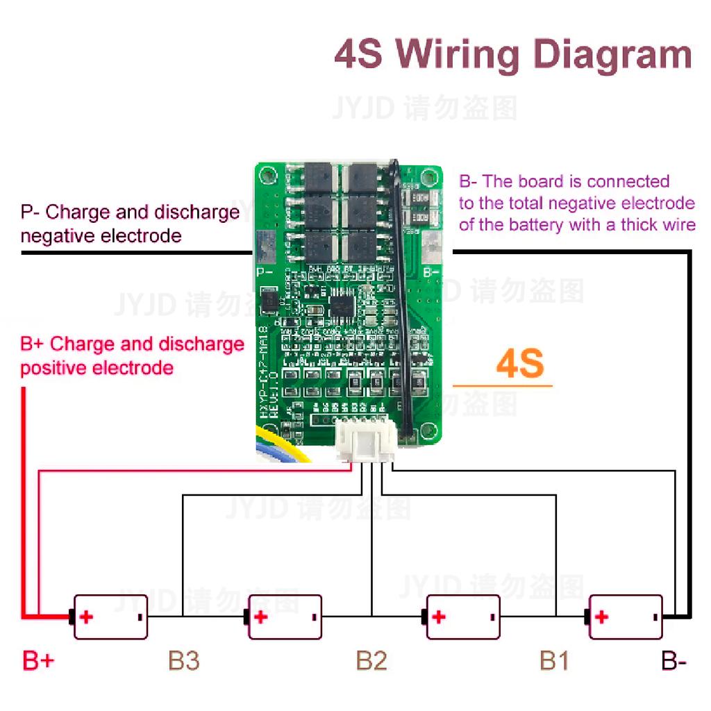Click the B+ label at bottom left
tap(38, 660)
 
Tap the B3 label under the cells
tap(184, 660)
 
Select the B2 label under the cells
tap(371, 660)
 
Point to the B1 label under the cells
tap(554, 660)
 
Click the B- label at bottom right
tap(674, 660)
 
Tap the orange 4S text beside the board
tap(519, 365)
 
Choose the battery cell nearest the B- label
tap(625, 617)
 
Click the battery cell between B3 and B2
tap(285, 617)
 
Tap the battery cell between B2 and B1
tap(462, 617)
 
